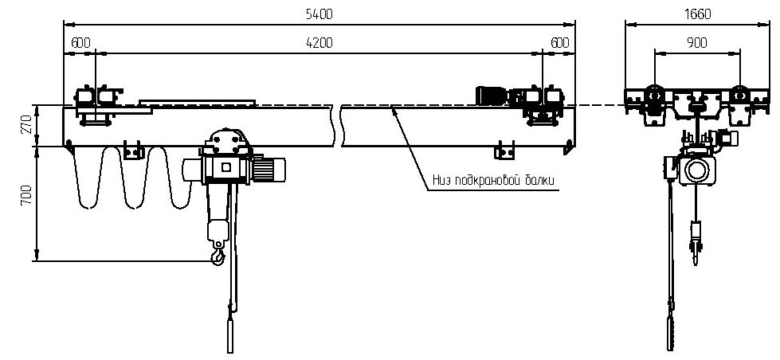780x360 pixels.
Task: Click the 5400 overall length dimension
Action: [x=319, y=14]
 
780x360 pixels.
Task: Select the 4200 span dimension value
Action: [x=319, y=43]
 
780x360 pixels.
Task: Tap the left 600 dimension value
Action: [x=80, y=43]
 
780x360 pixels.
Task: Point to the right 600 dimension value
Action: [x=559, y=43]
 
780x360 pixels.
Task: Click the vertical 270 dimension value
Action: [x=27, y=125]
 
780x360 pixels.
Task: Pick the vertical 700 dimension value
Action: [x=27, y=195]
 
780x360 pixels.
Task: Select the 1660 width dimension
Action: [x=697, y=14]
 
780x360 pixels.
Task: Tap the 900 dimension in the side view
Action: [x=697, y=43]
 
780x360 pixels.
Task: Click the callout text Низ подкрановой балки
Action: [x=492, y=180]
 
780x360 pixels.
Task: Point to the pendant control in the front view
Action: [x=230, y=335]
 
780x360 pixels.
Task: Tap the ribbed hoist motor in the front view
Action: [x=269, y=169]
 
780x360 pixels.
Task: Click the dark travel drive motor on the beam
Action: [x=492, y=96]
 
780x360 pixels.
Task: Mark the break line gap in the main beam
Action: [x=337, y=126]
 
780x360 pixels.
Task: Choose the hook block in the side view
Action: [x=696, y=239]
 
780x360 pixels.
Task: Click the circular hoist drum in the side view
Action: [x=697, y=170]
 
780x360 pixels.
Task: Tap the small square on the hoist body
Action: [x=226, y=168]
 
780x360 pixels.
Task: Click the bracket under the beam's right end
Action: [x=504, y=151]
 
